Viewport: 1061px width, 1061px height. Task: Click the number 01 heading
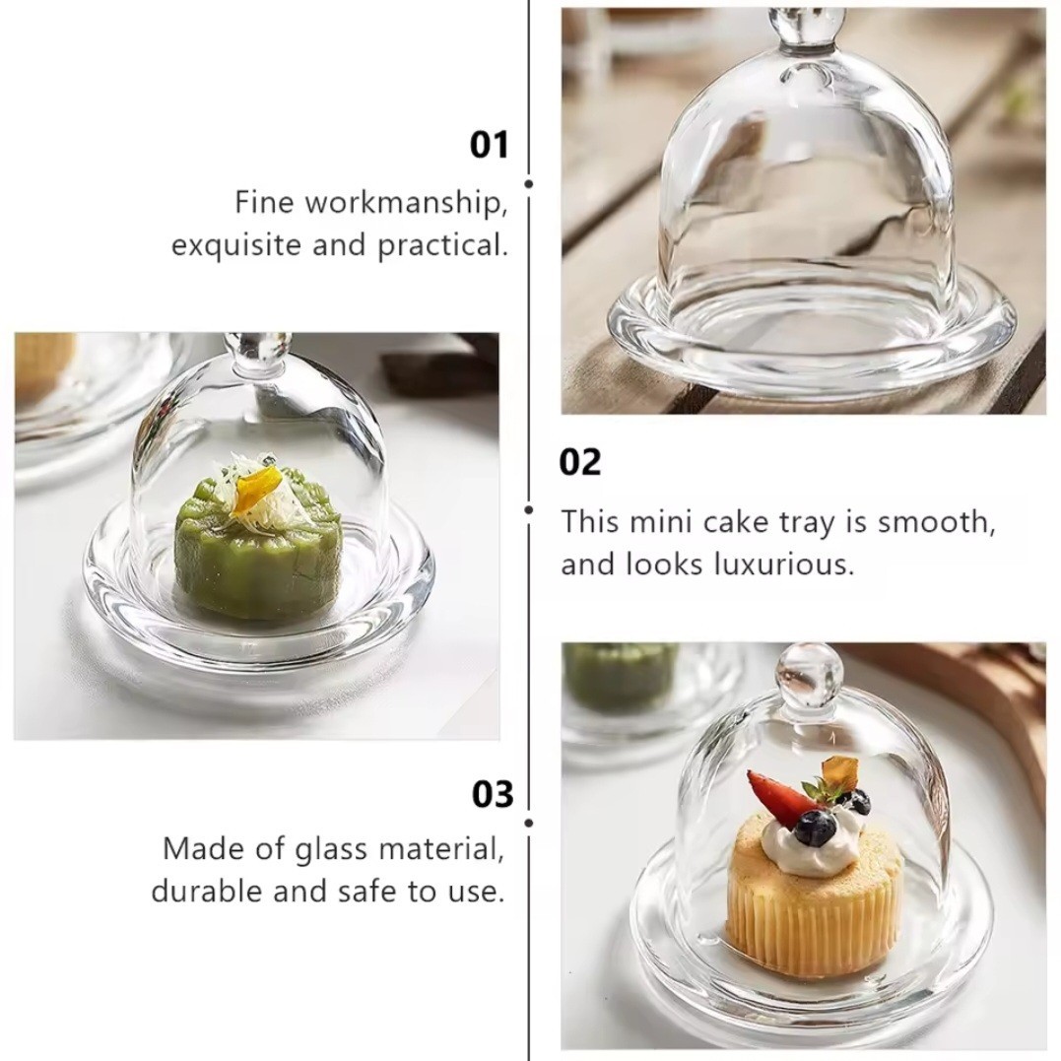(489, 146)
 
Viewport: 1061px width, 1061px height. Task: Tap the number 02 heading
(580, 463)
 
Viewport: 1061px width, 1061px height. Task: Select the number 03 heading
(493, 794)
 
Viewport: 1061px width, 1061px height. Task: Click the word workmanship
(405, 204)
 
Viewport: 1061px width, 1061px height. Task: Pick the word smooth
(937, 522)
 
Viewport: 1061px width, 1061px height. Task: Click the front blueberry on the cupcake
(816, 829)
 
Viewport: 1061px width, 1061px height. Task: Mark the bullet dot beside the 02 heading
(528, 509)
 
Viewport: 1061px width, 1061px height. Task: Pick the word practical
(442, 245)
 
